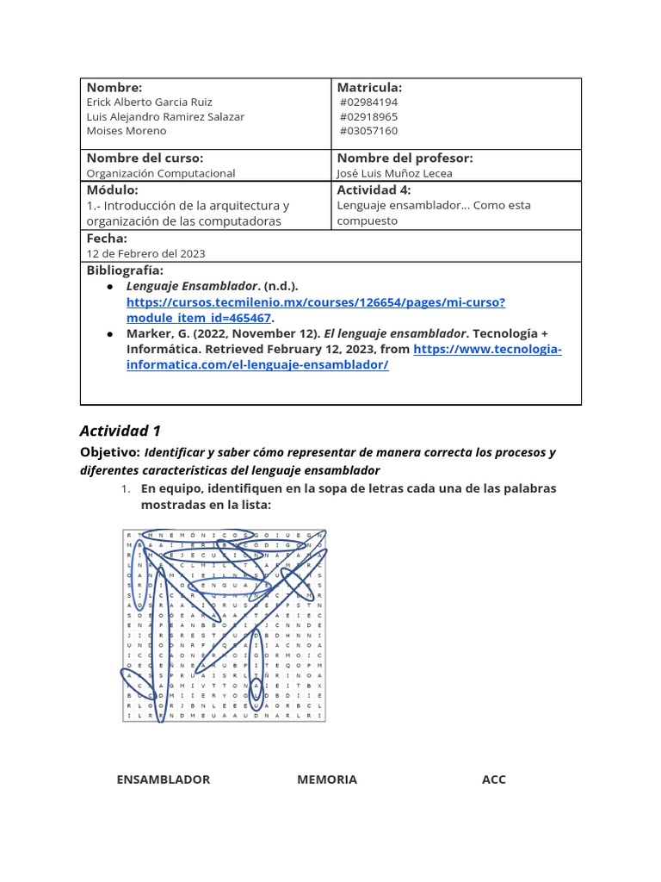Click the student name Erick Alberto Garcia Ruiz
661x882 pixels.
point(149,102)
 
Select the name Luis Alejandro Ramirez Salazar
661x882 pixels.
point(165,116)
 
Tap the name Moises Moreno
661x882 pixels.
point(127,131)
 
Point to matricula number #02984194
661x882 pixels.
point(368,102)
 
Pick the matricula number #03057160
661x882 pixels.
point(368,131)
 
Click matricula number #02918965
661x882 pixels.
point(368,116)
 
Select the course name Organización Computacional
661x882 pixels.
point(161,173)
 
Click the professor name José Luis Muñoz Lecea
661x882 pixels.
point(394,173)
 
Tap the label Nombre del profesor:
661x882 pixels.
point(405,158)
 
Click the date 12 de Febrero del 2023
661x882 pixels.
point(145,253)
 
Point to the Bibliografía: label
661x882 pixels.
point(125,270)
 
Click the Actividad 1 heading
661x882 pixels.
point(120,431)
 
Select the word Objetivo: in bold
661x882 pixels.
point(109,452)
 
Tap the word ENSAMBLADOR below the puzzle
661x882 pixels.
point(163,780)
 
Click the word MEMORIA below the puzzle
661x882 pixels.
point(327,780)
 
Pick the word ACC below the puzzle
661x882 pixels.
point(493,780)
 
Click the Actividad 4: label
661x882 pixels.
point(374,189)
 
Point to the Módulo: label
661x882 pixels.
point(113,189)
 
